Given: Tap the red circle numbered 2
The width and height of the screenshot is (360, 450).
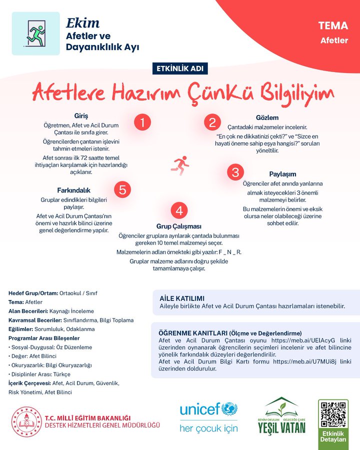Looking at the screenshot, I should [212, 123].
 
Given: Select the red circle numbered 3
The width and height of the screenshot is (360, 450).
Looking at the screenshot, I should [234, 172].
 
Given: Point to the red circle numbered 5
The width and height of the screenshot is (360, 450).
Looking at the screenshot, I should [122, 189].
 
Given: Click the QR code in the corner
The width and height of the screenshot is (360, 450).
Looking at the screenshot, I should [333, 413].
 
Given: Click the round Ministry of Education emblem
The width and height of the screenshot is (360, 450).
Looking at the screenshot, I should [26, 421].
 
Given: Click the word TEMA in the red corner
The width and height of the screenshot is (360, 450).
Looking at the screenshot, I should [333, 26].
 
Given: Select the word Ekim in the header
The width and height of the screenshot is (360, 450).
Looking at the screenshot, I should [82, 23].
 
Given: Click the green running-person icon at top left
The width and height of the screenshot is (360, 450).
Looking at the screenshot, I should [35, 33].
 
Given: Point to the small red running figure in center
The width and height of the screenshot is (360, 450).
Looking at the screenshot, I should [180, 164].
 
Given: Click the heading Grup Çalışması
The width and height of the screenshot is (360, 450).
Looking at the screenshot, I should [179, 226].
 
